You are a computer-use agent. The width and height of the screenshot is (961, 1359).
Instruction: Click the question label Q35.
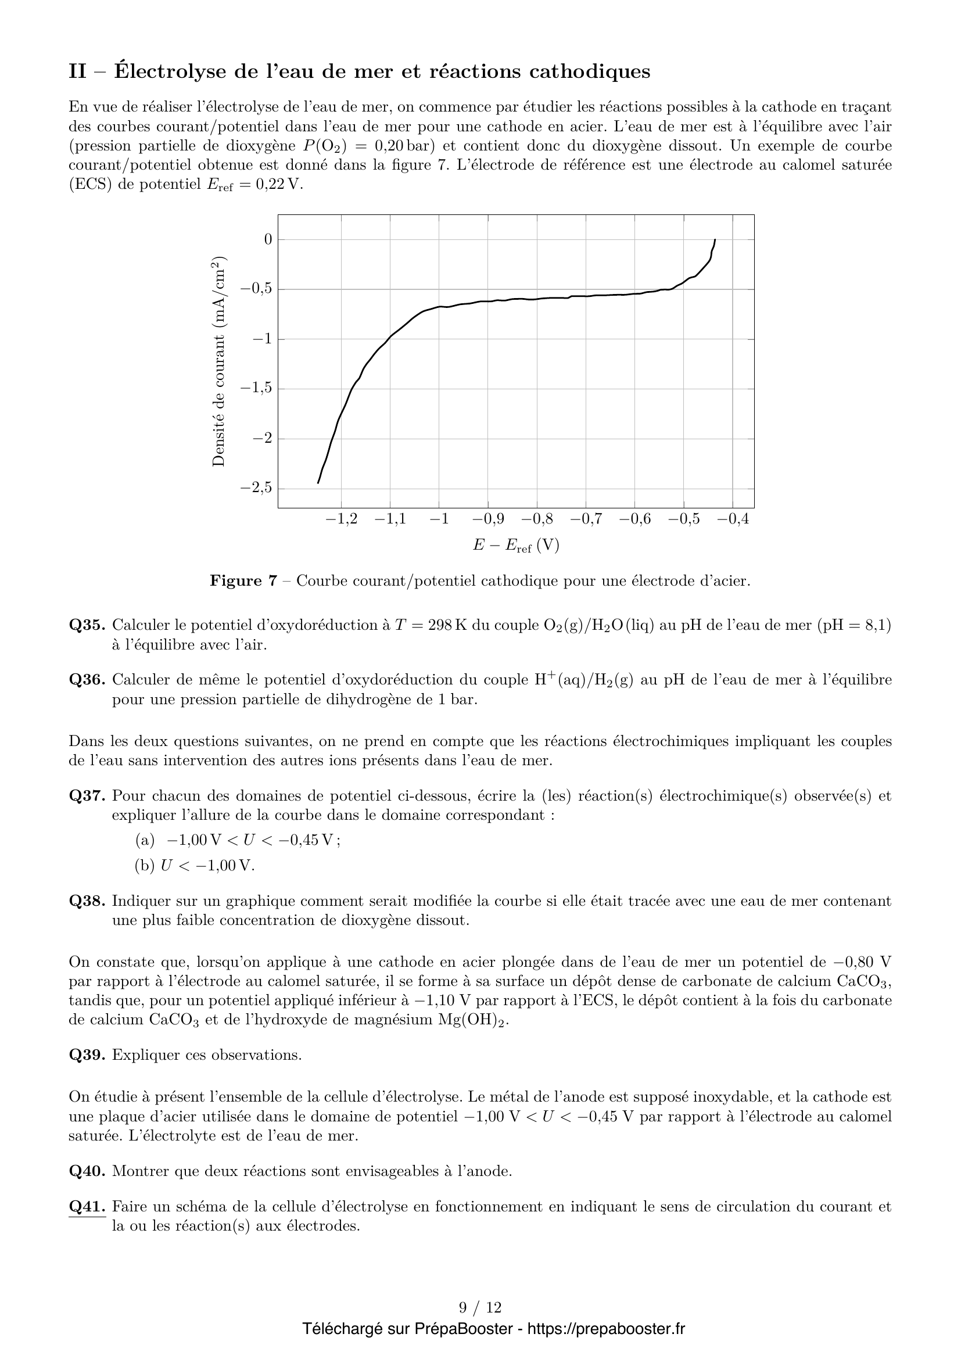click(x=88, y=625)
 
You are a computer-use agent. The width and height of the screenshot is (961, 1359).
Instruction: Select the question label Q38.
click(x=88, y=902)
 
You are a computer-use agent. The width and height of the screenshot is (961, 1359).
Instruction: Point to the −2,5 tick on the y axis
click(x=256, y=487)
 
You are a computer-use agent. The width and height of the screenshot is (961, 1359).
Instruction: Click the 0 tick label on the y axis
click(x=268, y=239)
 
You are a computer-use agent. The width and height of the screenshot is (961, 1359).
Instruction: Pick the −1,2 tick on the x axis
click(x=342, y=519)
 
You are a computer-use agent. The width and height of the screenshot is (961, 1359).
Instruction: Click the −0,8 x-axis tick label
click(x=537, y=519)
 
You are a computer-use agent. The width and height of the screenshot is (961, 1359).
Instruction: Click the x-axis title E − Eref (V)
click(x=515, y=545)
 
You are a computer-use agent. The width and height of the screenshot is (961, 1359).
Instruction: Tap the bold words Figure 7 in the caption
click(x=243, y=580)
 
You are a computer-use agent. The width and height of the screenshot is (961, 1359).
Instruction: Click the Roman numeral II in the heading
click(x=77, y=71)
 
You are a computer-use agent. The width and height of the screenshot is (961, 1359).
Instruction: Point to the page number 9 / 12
click(x=480, y=1307)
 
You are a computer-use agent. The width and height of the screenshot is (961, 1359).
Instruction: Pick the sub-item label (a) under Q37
click(x=145, y=840)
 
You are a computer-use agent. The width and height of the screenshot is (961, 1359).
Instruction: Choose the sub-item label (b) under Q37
click(x=145, y=866)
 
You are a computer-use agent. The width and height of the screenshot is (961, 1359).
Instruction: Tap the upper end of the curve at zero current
click(x=715, y=240)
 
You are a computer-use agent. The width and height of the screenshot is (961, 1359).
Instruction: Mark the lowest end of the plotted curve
click(x=318, y=483)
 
